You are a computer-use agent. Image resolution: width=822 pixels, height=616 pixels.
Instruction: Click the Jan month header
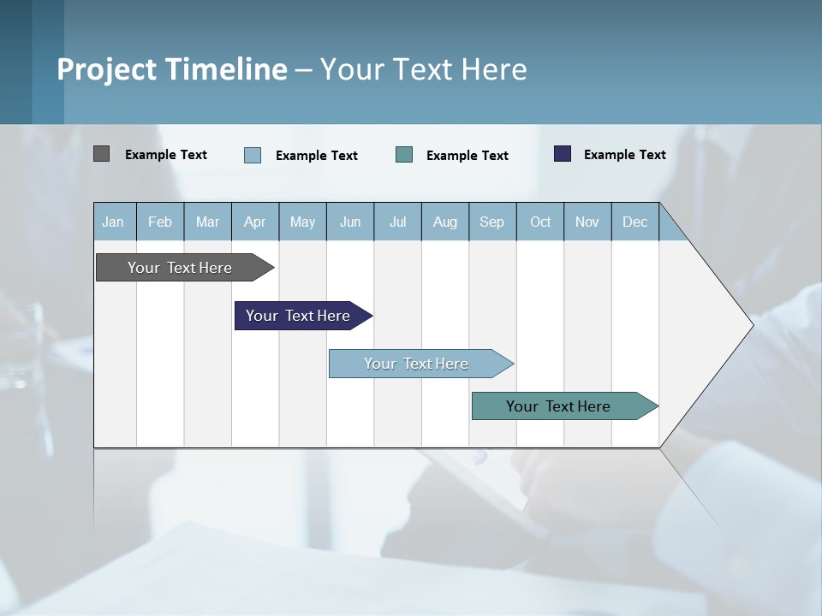(114, 222)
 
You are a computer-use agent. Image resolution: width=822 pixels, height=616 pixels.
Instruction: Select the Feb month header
(160, 222)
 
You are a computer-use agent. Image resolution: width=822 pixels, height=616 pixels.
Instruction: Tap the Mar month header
(207, 222)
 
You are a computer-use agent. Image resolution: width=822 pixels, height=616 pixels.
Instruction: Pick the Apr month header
(255, 222)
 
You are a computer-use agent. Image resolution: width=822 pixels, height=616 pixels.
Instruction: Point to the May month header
(302, 222)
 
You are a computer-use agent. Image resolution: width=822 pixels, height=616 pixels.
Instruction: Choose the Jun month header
(350, 222)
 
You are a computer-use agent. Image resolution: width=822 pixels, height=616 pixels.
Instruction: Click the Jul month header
(397, 222)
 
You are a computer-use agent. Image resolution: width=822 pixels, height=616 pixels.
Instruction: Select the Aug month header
(445, 222)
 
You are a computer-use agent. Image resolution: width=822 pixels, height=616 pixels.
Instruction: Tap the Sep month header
(492, 222)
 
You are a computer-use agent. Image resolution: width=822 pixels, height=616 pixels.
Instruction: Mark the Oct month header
(540, 222)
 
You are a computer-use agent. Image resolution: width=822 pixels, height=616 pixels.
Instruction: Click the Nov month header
(587, 222)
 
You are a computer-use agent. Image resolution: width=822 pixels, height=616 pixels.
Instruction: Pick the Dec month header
(635, 222)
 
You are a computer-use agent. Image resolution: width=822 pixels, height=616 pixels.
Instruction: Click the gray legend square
(101, 154)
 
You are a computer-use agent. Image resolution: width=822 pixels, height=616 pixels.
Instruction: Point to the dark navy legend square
(563, 154)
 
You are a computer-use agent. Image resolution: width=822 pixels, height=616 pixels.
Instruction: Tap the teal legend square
(404, 155)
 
